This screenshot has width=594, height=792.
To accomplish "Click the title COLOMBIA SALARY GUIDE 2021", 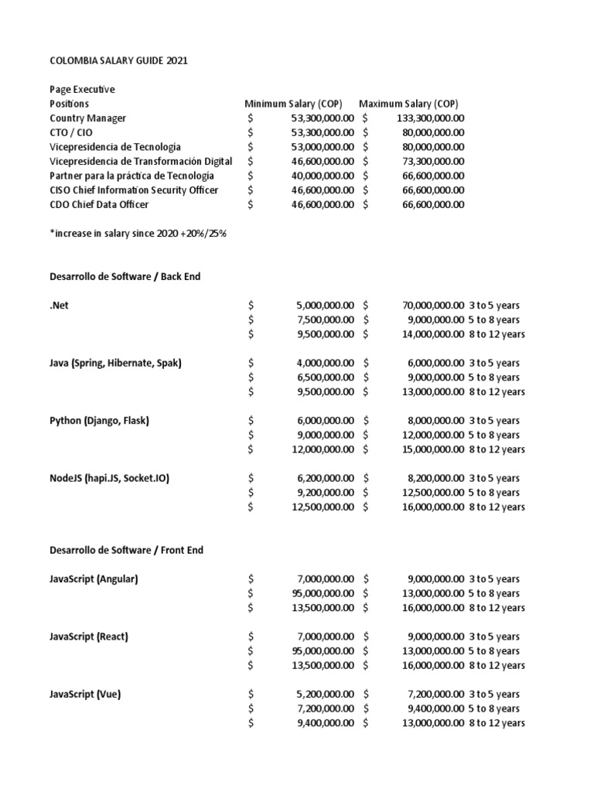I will tap(118, 60).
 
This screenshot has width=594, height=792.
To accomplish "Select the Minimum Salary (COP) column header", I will tap(299, 104).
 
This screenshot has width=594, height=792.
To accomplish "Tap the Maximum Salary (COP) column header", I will tap(408, 104).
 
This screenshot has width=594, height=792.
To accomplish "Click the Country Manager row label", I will tap(87, 118).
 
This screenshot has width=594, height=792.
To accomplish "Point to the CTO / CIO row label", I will tap(70, 132).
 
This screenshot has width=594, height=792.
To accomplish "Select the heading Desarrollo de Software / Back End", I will tap(125, 276).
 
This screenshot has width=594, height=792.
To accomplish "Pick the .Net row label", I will tap(59, 306).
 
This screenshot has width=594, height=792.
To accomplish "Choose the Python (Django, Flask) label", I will tap(99, 421).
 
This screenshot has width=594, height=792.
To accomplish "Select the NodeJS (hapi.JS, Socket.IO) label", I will tap(109, 478).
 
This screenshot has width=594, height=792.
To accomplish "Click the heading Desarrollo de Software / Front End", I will tap(126, 550).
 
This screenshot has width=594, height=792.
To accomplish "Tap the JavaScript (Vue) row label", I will tap(85, 694).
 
